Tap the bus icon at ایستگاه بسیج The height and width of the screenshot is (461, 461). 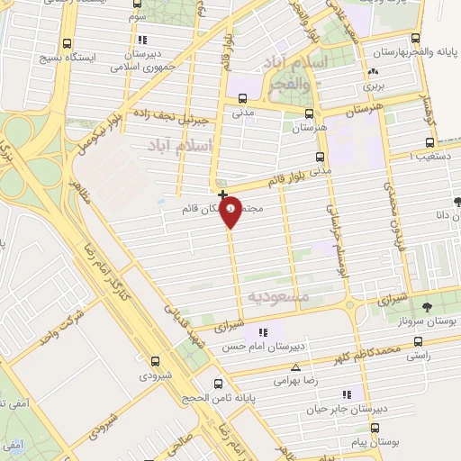click(67, 43)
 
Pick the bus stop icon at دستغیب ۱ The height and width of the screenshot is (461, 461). click(429, 142)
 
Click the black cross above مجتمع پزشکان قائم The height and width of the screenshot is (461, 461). click(222, 194)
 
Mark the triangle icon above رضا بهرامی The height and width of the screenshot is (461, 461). click(297, 367)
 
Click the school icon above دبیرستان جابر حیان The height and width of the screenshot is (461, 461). click(348, 394)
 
